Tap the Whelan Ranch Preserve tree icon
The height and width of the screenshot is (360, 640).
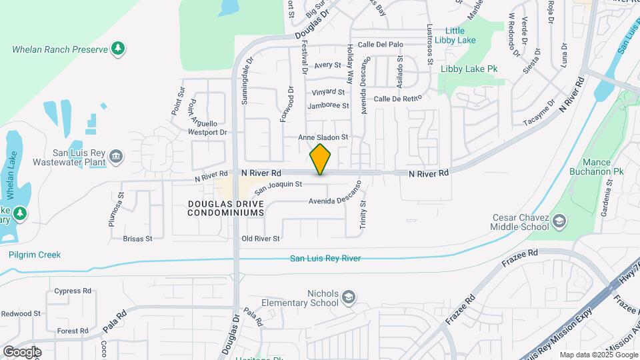[118, 48]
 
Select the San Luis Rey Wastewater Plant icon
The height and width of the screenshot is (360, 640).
[117, 157]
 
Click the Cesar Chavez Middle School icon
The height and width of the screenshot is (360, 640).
[559, 221]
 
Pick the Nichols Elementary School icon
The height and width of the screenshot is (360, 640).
[349, 297]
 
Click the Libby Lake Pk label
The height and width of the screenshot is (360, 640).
[469, 69]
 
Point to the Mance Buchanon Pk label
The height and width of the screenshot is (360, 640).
[597, 167]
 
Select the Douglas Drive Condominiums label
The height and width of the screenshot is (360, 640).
[225, 208]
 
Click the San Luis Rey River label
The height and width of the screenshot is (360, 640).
[325, 258]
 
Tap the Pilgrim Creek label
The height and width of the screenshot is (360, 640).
[35, 255]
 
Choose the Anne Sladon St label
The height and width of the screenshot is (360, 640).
[323, 137]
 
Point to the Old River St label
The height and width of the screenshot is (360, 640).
[261, 238]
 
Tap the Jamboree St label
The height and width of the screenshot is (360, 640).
[328, 106]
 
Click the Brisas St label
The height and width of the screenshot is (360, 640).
[138, 238]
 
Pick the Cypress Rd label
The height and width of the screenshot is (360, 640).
[73, 291]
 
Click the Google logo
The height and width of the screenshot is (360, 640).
[22, 352]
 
